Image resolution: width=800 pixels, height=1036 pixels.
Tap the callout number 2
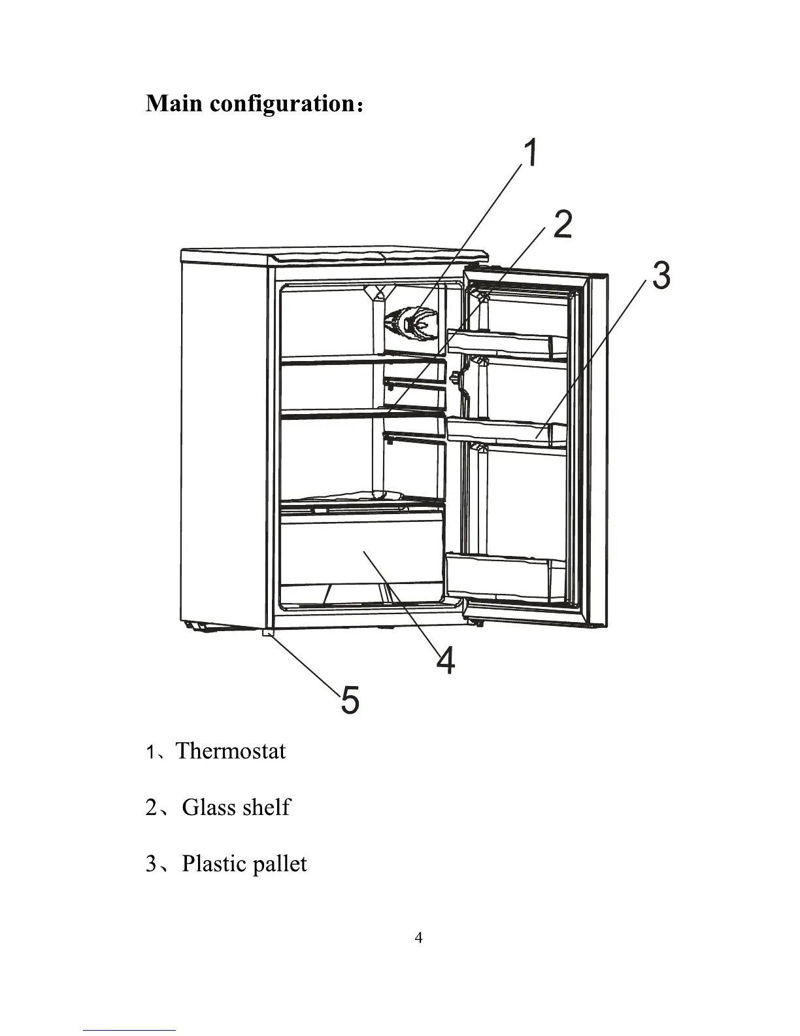pos(563,224)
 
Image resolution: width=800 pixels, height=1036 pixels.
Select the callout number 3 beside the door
pos(661,275)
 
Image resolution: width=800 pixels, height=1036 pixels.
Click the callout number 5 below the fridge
pos(350,700)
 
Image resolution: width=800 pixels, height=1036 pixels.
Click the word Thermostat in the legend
pos(231,751)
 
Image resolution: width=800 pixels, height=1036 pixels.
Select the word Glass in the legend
pos(208,807)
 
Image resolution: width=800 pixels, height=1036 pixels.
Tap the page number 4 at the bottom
pos(419,938)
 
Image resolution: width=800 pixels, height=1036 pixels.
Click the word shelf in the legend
pos(266,807)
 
